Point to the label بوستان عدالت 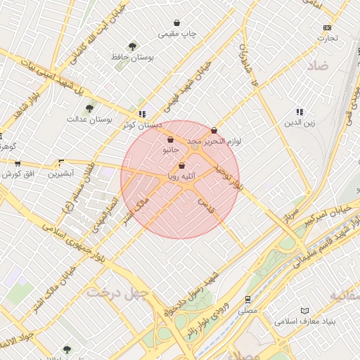pos(90,119)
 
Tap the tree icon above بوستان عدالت pos(89,108)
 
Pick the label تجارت pos(327,38)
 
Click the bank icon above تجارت pos(327,27)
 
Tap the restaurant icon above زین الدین pos(300,112)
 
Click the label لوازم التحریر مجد pos(214,141)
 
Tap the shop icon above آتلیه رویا pos(182,166)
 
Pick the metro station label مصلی pos(247,309)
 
